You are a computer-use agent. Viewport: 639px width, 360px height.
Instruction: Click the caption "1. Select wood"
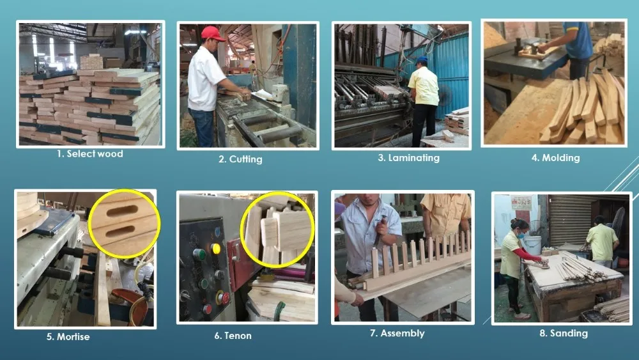(x=89, y=153)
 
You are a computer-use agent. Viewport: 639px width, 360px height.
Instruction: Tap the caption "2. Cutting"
(x=240, y=159)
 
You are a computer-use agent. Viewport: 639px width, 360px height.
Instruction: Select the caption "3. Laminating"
(x=408, y=158)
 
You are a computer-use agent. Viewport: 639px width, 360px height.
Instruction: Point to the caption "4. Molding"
(x=555, y=158)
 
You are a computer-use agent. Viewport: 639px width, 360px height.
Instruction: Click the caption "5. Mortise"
(x=68, y=337)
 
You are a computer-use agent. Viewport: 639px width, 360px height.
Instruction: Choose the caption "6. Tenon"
(x=233, y=336)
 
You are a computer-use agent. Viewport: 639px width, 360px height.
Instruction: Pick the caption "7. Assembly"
(x=397, y=334)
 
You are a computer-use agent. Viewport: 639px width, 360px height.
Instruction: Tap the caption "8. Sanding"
(x=564, y=334)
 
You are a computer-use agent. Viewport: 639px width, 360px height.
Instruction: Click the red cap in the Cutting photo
(x=212, y=33)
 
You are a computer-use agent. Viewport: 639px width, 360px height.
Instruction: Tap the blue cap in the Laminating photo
(x=421, y=60)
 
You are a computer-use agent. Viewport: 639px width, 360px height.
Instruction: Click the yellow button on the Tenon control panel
(x=215, y=248)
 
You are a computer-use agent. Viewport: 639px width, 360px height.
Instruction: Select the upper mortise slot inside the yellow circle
(x=122, y=211)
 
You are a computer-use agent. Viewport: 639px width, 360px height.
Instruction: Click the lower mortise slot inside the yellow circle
(x=121, y=233)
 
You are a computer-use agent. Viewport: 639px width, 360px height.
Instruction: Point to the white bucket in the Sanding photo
(x=532, y=245)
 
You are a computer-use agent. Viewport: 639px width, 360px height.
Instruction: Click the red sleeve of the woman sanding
(x=527, y=254)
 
